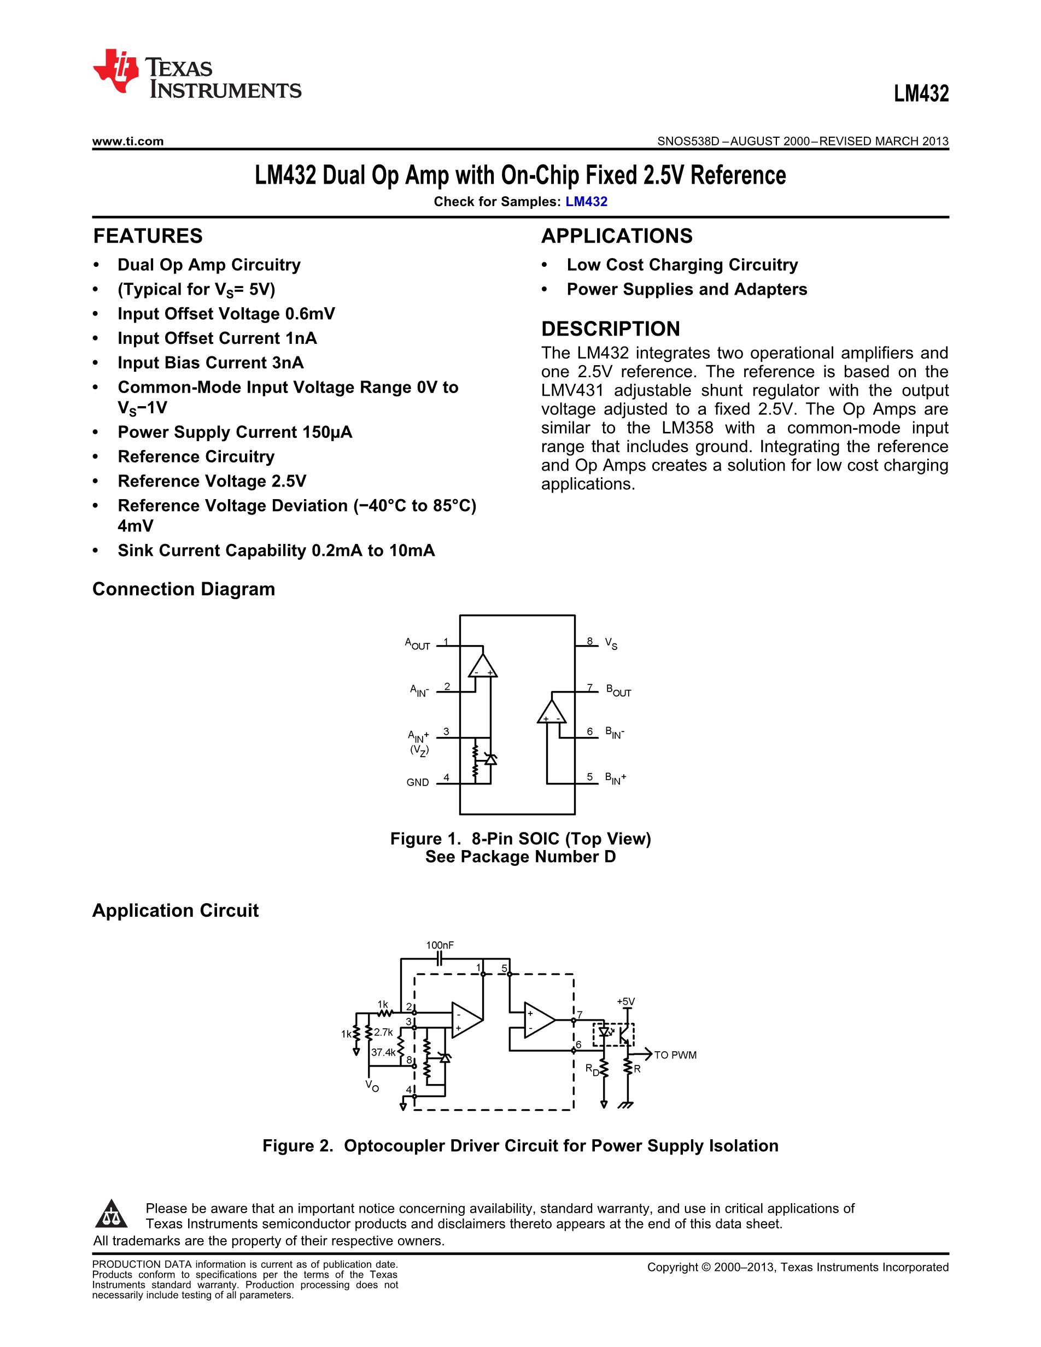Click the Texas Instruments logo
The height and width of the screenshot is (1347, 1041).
click(x=197, y=72)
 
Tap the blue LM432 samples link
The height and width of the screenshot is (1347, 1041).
click(x=587, y=202)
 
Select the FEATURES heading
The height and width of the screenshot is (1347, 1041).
click(x=148, y=236)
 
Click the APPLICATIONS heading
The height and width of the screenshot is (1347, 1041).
click(x=617, y=236)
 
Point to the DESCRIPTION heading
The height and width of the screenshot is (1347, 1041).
click(x=611, y=329)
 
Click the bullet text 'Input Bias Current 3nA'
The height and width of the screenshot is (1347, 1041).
click(x=211, y=362)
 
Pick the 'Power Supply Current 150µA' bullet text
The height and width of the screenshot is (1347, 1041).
click(x=235, y=432)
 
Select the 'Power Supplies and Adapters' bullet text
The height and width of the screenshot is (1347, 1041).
click(x=687, y=289)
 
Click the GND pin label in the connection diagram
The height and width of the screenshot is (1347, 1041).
click(x=418, y=783)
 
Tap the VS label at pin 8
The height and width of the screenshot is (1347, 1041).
click(x=611, y=644)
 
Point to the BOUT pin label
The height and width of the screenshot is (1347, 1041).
click(x=618, y=691)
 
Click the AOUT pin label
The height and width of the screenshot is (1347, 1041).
click(x=418, y=644)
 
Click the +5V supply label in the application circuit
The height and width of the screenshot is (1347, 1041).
click(x=626, y=1002)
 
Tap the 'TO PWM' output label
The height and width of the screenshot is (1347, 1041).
click(x=675, y=1055)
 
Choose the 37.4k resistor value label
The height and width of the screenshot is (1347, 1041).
click(x=383, y=1053)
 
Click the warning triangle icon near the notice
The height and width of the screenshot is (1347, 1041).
click(x=112, y=1214)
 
